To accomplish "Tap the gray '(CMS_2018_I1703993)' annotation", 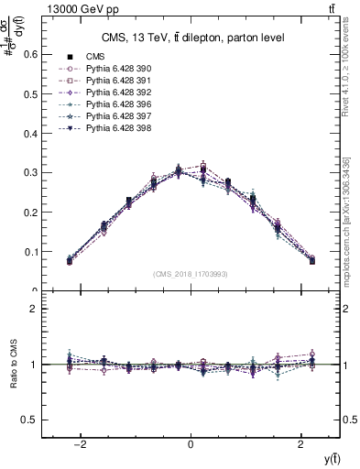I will [x=191, y=274].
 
